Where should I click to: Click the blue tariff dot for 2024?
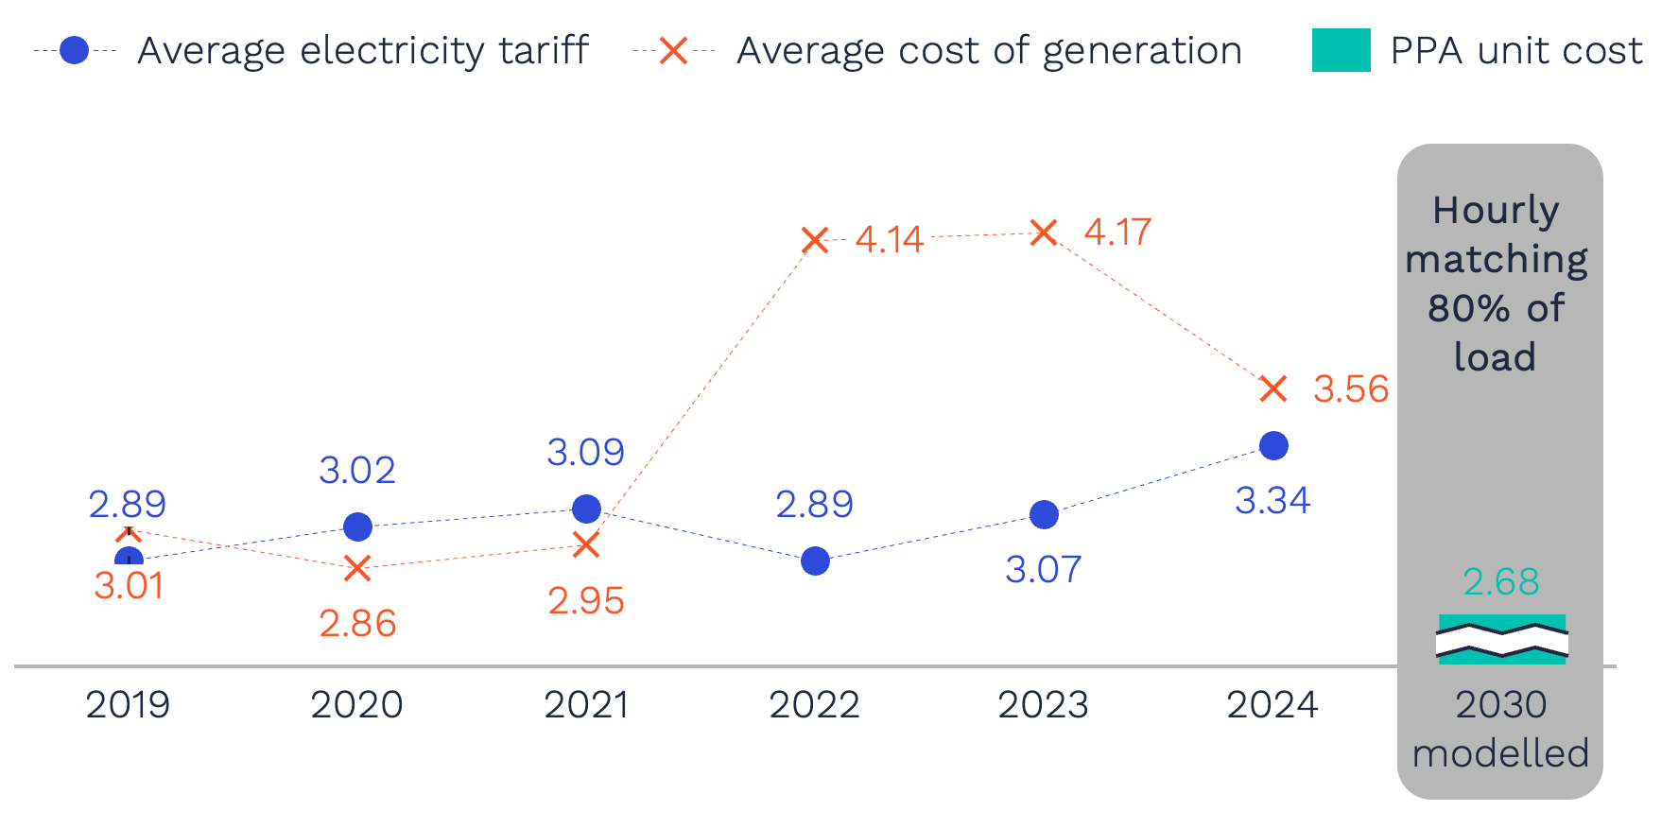tap(1273, 445)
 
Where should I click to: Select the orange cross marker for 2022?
tap(815, 240)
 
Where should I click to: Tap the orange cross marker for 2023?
tap(1043, 233)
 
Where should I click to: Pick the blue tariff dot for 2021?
tap(586, 509)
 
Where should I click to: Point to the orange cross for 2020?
tap(357, 568)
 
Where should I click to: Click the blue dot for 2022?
tap(815, 561)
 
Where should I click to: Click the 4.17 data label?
tap(1117, 233)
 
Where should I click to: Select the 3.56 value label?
tap(1350, 389)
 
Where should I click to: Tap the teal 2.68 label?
tap(1501, 582)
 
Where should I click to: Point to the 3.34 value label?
tap(1272, 501)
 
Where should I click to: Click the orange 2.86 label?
tap(357, 624)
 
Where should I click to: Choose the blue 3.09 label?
tap(586, 453)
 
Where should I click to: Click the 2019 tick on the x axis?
tap(128, 705)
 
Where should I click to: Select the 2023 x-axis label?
tap(1043, 705)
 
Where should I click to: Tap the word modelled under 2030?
tap(1500, 754)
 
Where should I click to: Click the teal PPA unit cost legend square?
tap(1341, 50)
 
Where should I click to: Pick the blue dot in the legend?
tap(74, 50)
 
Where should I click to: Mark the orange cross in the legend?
tap(673, 50)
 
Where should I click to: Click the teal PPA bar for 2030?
tap(1501, 640)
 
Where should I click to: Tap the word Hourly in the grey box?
tap(1496, 211)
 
